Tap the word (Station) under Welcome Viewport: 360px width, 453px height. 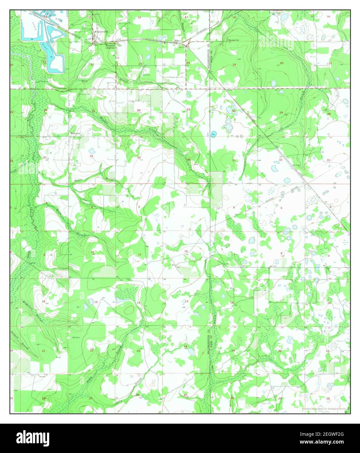[110, 48]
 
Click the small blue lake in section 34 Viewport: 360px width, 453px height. [92, 151]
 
